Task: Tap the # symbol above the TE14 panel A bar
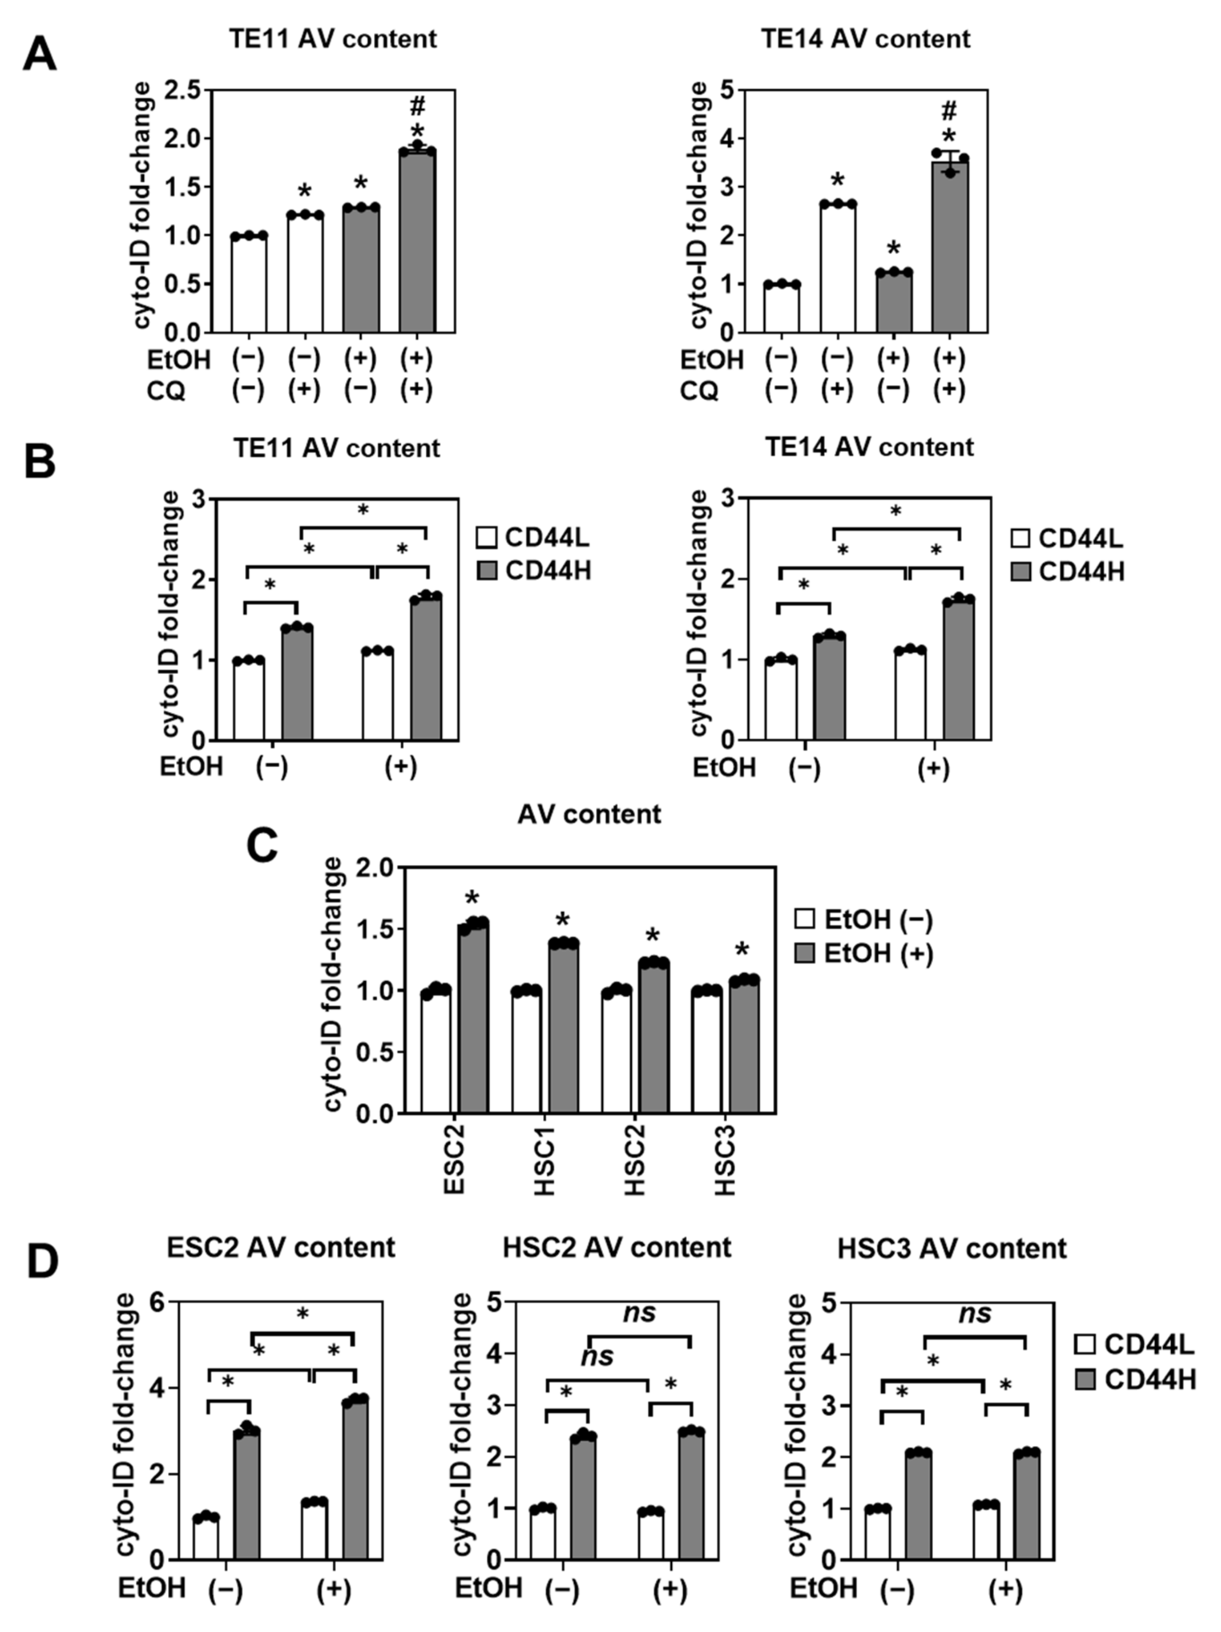(949, 111)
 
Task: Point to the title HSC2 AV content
(617, 1247)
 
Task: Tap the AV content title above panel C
(589, 814)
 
